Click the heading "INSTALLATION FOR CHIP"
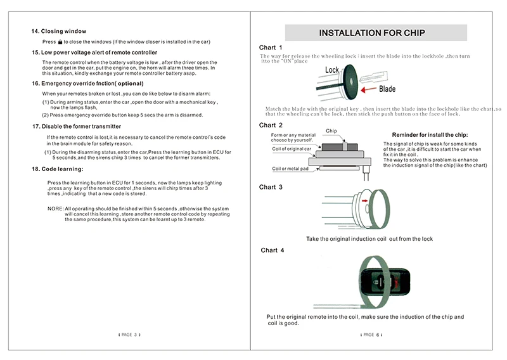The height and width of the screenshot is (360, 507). (372, 33)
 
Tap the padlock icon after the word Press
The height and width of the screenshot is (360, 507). (60, 42)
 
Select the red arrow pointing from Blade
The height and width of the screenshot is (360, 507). (368, 89)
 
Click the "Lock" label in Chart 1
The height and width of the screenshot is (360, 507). (331, 70)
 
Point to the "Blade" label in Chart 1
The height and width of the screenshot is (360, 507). (387, 89)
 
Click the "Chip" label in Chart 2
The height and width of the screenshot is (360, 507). (331, 131)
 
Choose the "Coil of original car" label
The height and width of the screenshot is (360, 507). (292, 149)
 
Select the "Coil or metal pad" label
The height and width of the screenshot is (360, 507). (290, 169)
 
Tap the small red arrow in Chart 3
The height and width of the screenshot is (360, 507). (365, 201)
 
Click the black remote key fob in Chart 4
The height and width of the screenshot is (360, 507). (385, 281)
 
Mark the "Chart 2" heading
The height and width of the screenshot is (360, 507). (271, 125)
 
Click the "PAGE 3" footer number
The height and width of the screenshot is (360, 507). (129, 335)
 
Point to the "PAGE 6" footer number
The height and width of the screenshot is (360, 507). (371, 335)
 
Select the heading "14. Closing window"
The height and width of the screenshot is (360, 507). (59, 32)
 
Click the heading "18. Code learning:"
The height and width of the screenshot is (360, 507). (58, 169)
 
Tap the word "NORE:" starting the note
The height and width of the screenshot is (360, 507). (55, 209)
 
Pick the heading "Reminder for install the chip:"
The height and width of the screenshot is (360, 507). (430, 135)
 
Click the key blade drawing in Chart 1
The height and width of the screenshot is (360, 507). (373, 78)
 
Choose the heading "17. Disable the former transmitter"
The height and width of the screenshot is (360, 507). (77, 127)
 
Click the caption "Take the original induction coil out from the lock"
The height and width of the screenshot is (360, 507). (369, 239)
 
